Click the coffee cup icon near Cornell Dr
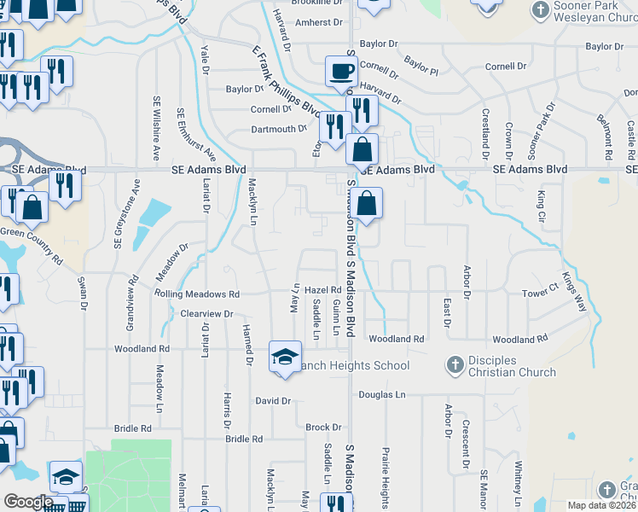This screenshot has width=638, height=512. (x=342, y=71)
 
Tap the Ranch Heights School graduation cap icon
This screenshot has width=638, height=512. (x=285, y=356)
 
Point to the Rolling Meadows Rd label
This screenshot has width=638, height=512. (x=197, y=294)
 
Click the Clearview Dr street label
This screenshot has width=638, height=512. (x=207, y=314)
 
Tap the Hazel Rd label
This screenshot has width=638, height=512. (x=323, y=290)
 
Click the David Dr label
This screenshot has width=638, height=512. (x=274, y=400)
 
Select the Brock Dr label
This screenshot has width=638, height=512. (x=323, y=427)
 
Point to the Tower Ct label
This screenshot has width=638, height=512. (x=538, y=294)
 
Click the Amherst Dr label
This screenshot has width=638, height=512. (x=317, y=23)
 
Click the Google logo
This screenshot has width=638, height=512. (x=28, y=502)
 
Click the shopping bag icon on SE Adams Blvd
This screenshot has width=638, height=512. (x=362, y=148)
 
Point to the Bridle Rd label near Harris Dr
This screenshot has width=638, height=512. (x=244, y=439)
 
